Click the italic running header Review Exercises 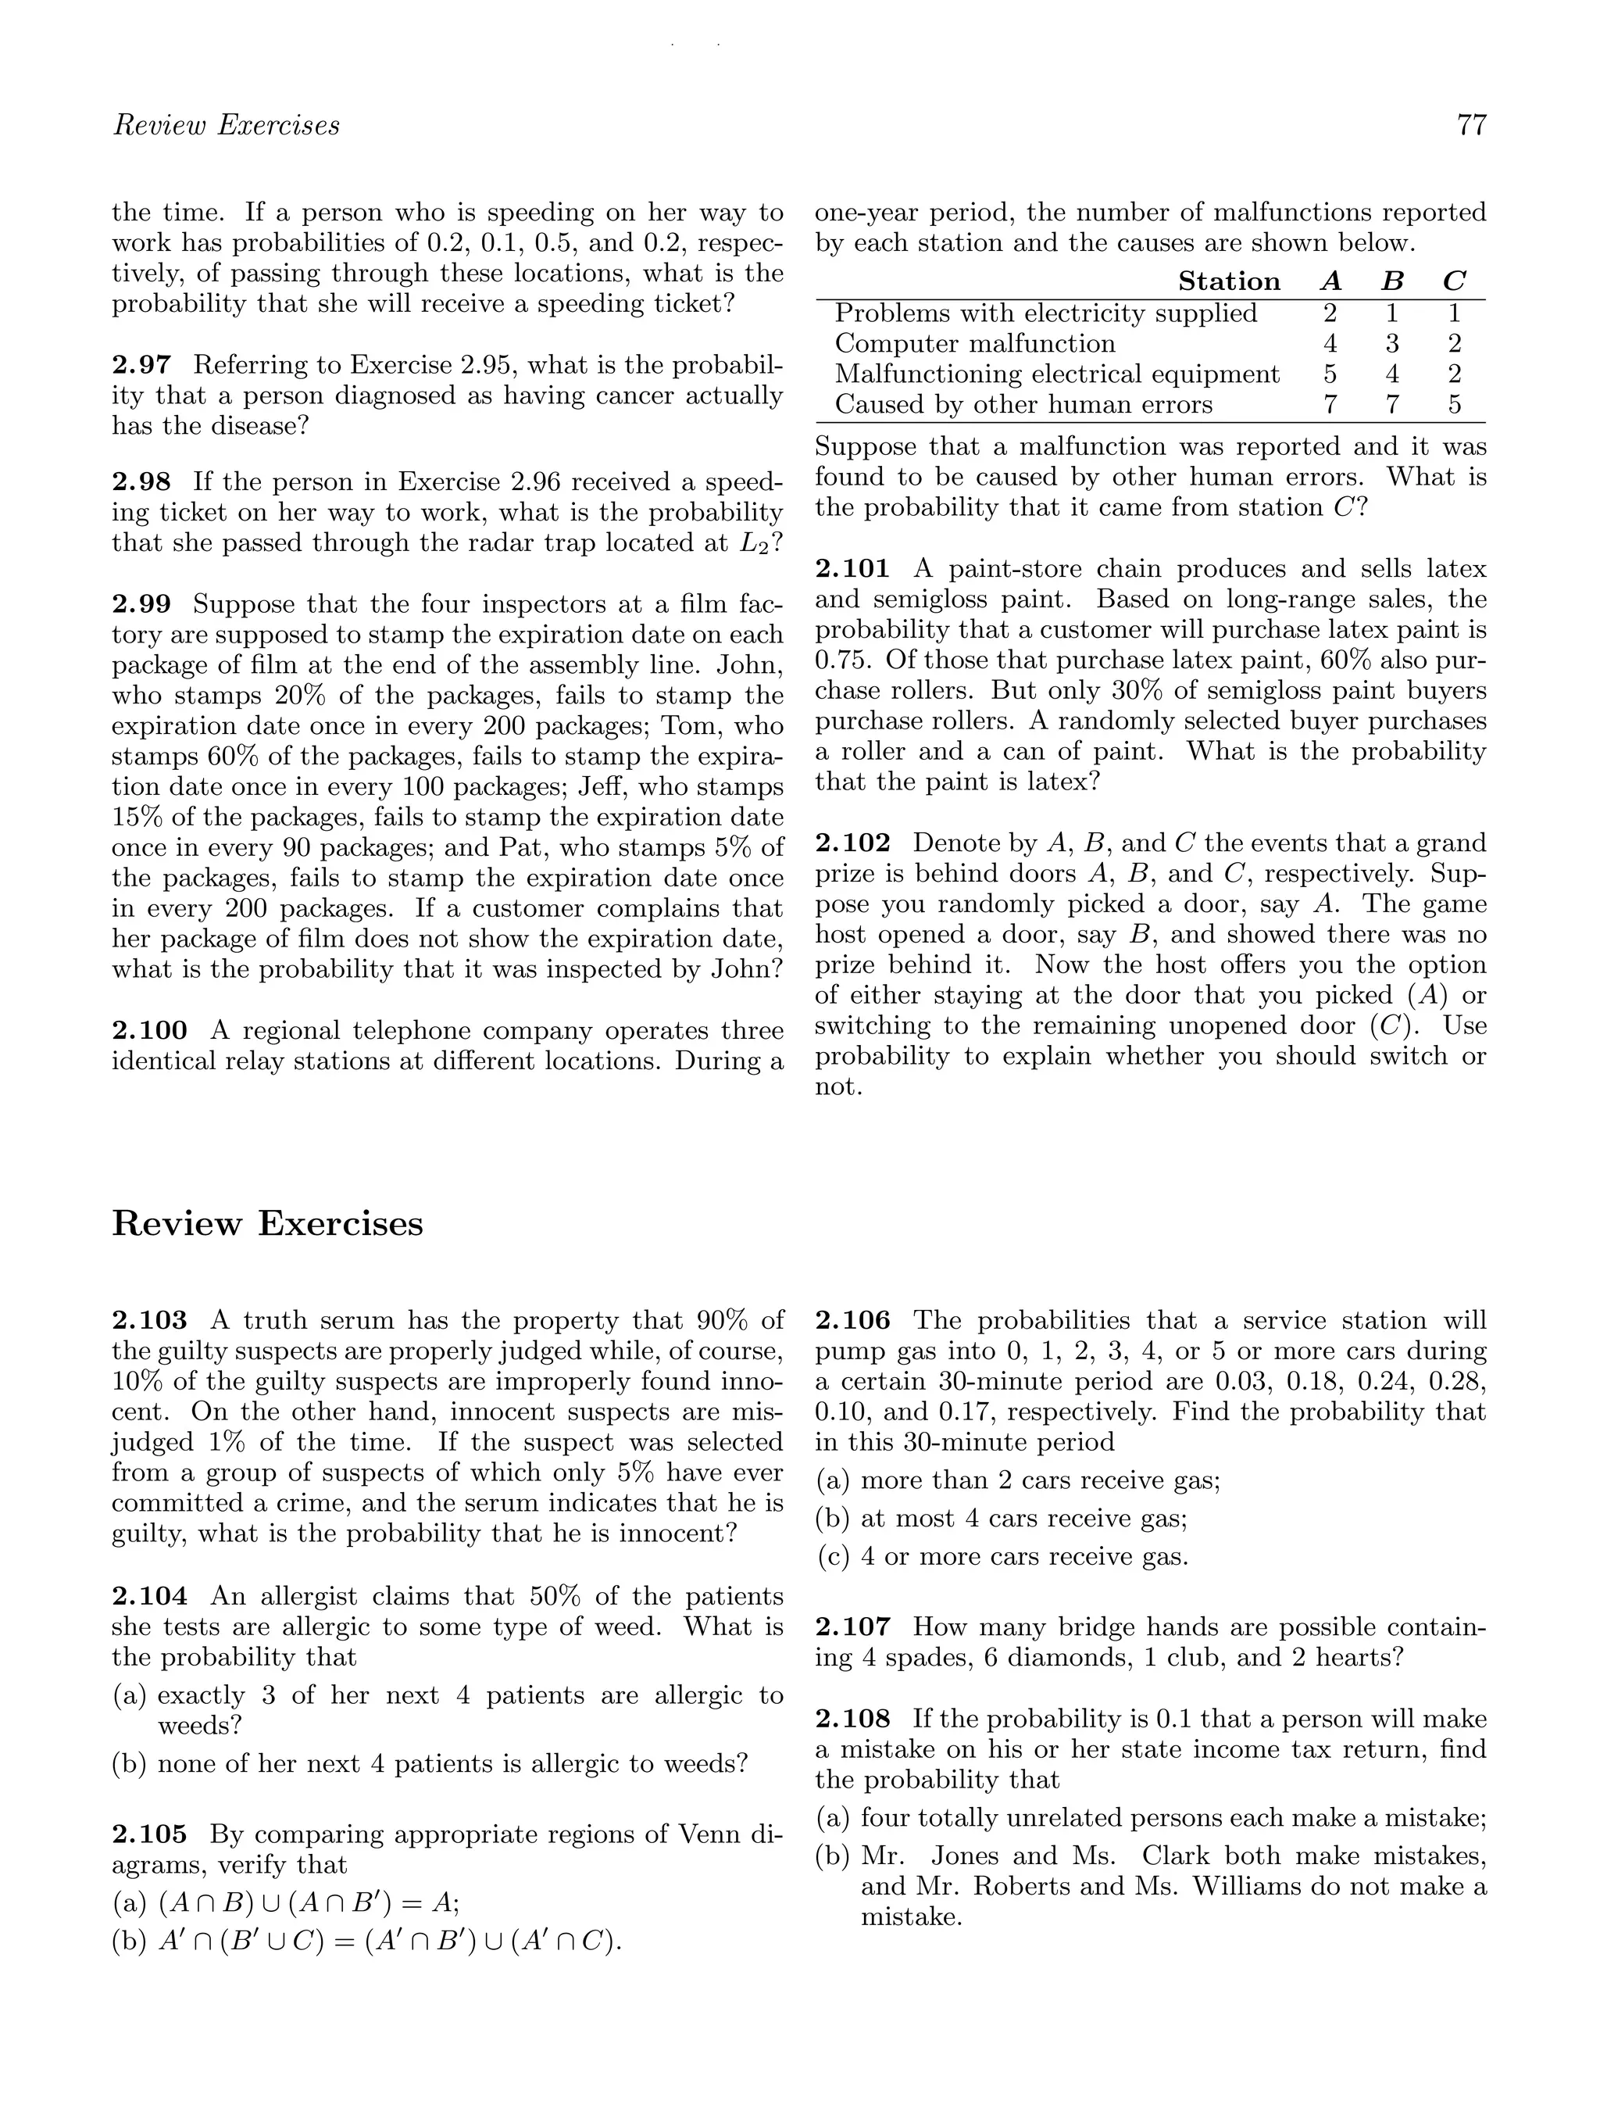227,125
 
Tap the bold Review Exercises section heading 268,1224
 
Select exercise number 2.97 141,364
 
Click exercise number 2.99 141,604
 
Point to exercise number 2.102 852,843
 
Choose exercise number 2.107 852,1627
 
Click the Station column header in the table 1229,281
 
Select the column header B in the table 1393,281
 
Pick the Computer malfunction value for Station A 1330,343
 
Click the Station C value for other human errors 1454,404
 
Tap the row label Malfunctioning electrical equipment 1057,374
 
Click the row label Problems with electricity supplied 1045,313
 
